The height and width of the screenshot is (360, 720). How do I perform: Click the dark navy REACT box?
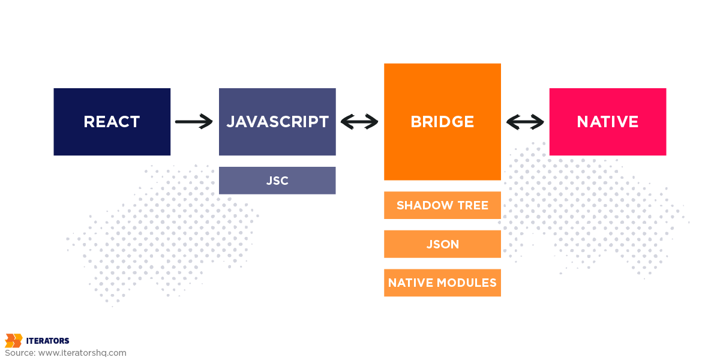click(x=112, y=122)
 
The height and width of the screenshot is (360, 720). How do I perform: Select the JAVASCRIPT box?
click(x=277, y=122)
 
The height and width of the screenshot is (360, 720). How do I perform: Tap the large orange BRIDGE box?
click(x=442, y=122)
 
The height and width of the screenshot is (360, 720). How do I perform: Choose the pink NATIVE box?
click(x=607, y=122)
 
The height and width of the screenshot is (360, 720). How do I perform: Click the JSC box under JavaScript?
click(x=277, y=181)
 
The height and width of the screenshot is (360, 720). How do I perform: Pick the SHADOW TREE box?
click(x=442, y=205)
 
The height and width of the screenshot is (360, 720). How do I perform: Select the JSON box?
click(x=442, y=244)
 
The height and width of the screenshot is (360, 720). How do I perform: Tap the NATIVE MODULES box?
click(x=442, y=283)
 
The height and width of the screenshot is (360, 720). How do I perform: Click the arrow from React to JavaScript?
click(x=194, y=122)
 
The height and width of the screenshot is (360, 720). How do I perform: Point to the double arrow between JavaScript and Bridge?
click(x=359, y=122)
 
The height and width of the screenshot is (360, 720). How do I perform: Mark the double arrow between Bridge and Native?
click(x=525, y=122)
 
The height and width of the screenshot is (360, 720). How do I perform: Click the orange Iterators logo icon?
click(x=13, y=341)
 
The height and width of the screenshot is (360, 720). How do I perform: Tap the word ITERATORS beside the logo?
click(x=47, y=341)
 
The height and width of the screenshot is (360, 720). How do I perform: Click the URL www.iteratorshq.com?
click(x=82, y=353)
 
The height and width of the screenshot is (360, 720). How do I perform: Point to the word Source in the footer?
click(x=20, y=353)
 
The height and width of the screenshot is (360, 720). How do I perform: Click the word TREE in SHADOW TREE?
click(x=473, y=205)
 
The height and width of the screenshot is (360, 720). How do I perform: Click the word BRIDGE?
click(x=442, y=122)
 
